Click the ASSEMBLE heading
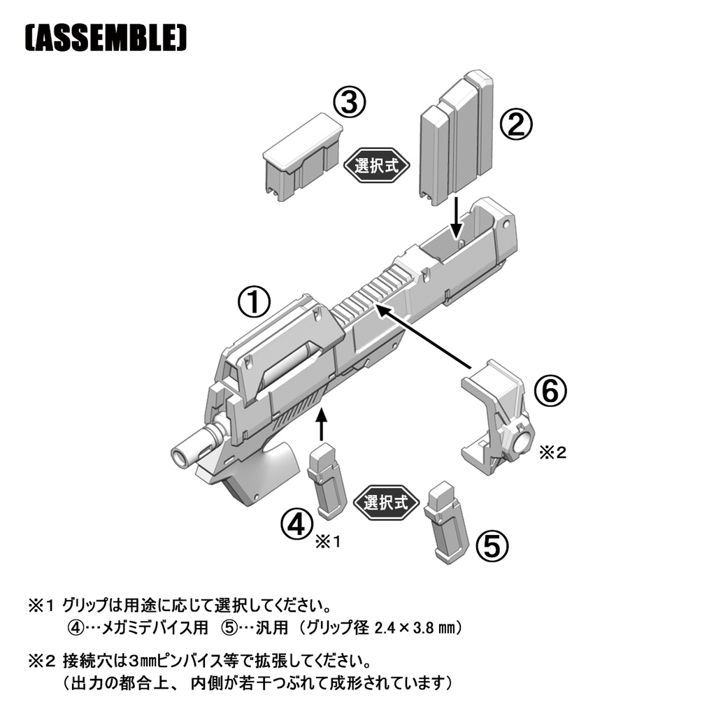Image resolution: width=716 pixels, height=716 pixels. (107, 40)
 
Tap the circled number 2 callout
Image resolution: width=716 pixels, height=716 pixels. (516, 125)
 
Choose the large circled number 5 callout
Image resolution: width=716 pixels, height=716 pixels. (492, 546)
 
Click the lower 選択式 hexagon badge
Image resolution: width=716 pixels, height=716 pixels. (385, 502)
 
